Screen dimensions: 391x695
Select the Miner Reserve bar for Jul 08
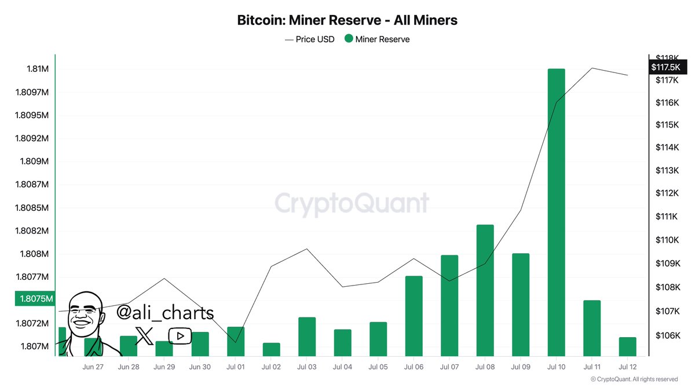point(485,290)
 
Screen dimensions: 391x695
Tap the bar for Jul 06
point(414,316)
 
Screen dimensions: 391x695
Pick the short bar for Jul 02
point(271,349)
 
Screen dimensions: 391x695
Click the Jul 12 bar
point(627,346)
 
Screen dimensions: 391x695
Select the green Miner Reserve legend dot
point(348,39)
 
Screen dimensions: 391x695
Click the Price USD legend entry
point(310,39)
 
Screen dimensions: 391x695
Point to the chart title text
point(348,20)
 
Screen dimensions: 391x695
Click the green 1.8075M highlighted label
point(34,299)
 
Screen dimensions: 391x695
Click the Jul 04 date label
point(342,367)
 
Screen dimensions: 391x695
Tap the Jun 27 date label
point(93,367)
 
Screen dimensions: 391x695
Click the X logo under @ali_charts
point(144,335)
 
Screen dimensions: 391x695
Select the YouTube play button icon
point(180,335)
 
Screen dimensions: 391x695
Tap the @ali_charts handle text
point(165,313)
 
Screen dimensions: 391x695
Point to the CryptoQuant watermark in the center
point(352,204)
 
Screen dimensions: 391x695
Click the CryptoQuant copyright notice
point(634,379)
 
